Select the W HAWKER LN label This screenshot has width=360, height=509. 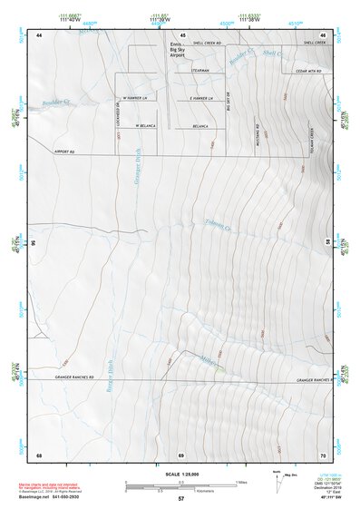[x=133, y=98]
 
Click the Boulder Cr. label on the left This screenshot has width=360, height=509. [x=56, y=103]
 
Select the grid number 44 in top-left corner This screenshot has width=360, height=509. [x=40, y=34]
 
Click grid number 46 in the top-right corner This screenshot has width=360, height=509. [x=323, y=34]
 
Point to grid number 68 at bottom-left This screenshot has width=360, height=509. [x=39, y=454]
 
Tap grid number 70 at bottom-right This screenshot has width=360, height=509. [x=323, y=454]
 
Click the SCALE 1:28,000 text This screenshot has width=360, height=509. [x=180, y=474]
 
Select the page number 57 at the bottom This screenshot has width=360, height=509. [x=180, y=499]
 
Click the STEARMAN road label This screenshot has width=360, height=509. [x=200, y=71]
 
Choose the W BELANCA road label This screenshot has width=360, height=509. [x=147, y=125]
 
